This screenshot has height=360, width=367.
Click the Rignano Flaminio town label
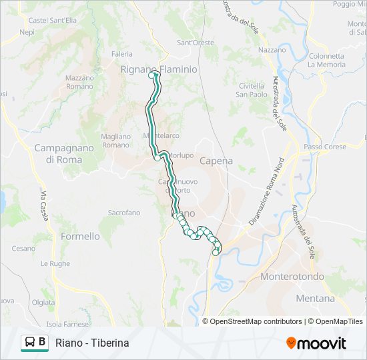click(159, 69)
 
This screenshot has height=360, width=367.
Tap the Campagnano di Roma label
click(58, 154)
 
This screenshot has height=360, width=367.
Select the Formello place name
click(80, 237)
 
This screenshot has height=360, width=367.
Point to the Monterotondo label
click(292, 277)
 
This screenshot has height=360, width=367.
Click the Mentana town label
click(315, 299)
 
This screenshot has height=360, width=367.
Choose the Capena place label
click(216, 161)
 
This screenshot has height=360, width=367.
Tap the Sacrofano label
click(124, 213)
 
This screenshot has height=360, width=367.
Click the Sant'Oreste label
click(195, 43)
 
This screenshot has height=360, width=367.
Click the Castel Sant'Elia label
click(52, 21)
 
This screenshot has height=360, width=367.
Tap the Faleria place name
click(122, 54)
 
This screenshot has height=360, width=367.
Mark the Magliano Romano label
click(115, 141)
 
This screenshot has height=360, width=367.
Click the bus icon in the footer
click(30, 343)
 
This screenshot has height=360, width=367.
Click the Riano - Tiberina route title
click(92, 343)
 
